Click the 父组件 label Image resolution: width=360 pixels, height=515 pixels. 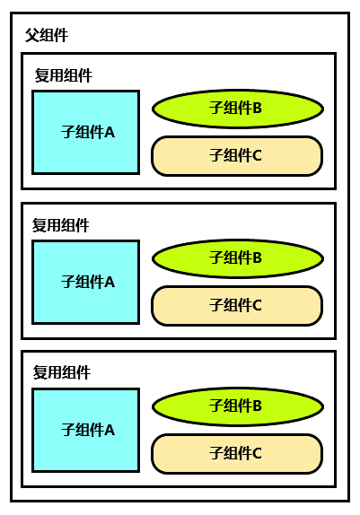click(47, 35)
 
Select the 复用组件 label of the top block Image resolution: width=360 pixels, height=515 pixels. click(64, 75)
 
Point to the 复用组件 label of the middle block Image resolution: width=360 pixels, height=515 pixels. click(60, 225)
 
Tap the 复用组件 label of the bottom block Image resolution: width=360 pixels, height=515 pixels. click(61, 372)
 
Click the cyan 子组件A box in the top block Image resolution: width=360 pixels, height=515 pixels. click(86, 132)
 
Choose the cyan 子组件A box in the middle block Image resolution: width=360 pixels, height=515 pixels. click(86, 282)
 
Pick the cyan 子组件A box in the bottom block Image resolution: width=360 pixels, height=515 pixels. click(86, 431)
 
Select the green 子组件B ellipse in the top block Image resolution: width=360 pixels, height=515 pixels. click(238, 109)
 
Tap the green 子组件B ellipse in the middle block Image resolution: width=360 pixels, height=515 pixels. click(238, 258)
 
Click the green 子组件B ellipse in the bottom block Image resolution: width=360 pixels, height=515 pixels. click(238, 406)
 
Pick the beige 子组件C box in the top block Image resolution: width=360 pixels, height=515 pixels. click(237, 156)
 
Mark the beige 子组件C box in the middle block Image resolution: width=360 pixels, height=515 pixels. click(237, 306)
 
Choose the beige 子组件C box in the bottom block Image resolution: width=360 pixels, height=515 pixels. click(237, 454)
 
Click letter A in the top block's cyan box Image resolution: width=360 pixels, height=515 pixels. click(110, 133)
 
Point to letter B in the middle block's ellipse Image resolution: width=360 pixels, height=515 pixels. click(258, 257)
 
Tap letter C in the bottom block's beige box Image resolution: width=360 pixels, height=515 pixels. click(258, 454)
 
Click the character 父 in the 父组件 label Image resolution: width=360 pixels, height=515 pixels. click(32, 35)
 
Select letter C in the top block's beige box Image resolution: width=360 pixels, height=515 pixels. click(258, 156)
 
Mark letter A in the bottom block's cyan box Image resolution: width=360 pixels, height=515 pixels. click(110, 431)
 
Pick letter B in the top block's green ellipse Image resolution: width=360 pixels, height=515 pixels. click(258, 108)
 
